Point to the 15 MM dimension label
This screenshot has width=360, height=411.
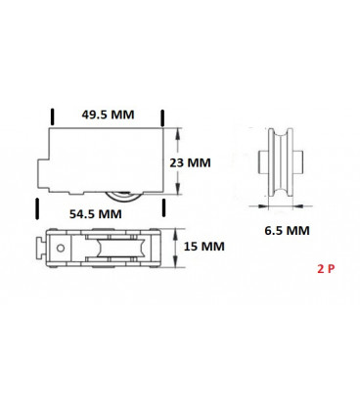[204, 248]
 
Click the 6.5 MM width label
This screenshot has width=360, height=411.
[287, 231]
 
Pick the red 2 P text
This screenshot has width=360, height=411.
[326, 267]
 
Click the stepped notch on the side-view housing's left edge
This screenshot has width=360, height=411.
[40, 173]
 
